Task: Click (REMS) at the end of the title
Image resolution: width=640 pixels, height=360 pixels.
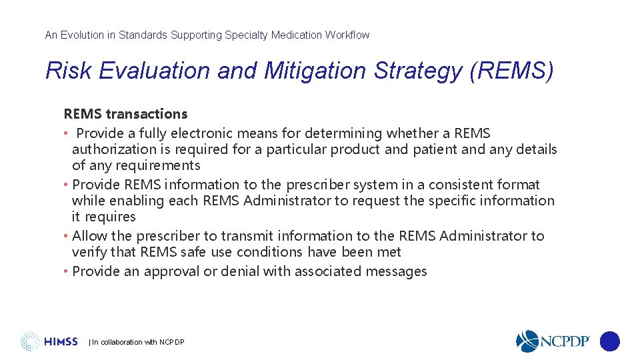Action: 511,71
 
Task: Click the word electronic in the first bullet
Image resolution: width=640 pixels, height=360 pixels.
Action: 219,133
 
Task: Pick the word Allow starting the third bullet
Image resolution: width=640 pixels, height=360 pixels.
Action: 90,236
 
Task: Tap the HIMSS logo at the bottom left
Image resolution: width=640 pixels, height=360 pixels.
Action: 50,341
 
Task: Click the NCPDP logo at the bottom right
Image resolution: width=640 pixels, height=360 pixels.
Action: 553,341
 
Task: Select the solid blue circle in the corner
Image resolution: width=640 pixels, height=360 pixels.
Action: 609,341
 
